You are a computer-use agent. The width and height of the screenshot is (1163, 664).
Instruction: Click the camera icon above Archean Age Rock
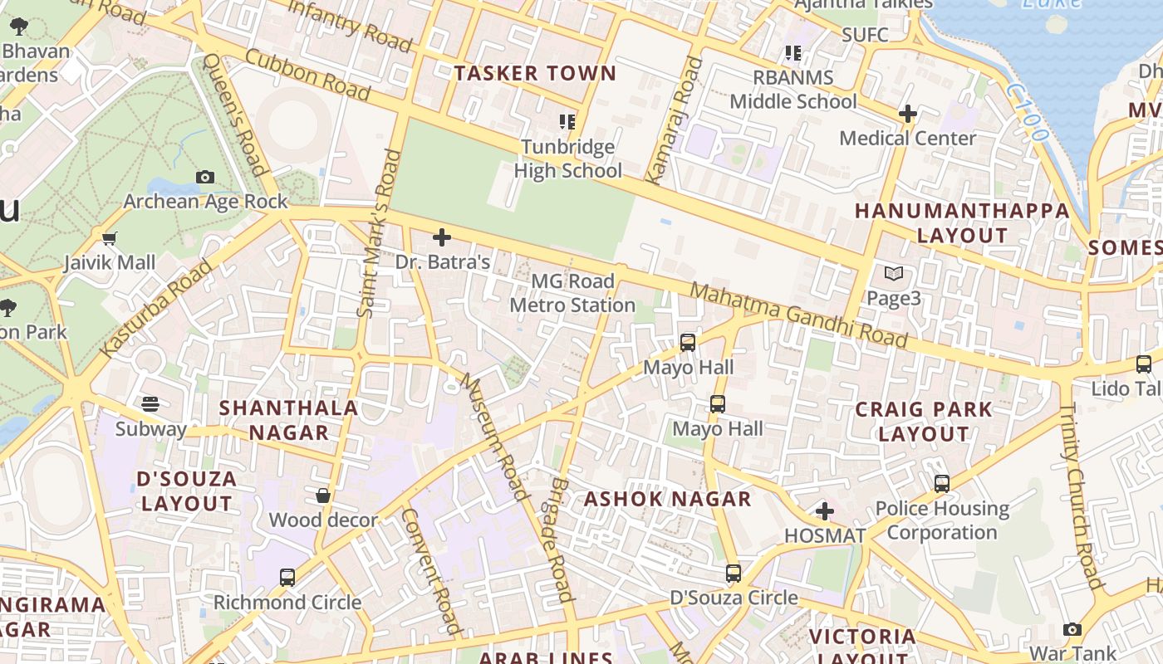205,177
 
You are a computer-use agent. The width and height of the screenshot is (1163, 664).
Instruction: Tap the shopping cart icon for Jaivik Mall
109,239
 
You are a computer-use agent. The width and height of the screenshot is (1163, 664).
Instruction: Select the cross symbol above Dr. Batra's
442,237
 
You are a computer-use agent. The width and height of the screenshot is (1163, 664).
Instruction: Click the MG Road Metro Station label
573,293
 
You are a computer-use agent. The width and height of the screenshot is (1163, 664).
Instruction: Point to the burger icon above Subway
150,404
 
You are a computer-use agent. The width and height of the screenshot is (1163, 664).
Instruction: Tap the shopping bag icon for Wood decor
323,496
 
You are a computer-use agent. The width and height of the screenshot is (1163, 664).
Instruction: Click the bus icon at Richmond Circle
287,577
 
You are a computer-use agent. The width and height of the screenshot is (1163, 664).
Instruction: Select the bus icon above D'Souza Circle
734,573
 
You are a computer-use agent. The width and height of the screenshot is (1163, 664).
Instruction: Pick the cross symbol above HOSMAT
825,510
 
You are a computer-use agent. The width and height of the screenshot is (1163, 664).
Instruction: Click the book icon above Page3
894,273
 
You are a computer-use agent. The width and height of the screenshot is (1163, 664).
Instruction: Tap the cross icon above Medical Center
908,113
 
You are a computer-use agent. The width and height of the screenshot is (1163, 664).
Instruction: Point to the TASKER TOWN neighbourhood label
535,73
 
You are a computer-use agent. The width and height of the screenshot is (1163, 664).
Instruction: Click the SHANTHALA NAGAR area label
288,420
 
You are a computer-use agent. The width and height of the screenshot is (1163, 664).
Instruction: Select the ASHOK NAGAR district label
667,499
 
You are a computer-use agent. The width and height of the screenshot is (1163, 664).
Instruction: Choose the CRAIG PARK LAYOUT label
924,421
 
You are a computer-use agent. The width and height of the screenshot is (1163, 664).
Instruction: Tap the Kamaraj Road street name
674,120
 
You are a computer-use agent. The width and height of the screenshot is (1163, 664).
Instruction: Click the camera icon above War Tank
1072,629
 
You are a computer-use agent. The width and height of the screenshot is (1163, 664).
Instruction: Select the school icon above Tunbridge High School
567,122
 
